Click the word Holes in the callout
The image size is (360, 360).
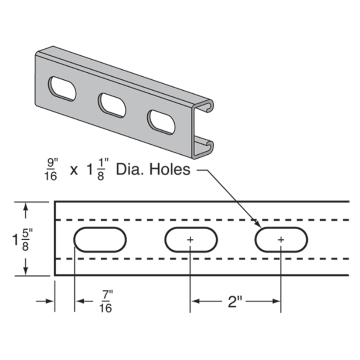pyautogui.click(x=170, y=170)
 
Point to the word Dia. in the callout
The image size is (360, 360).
pyautogui.click(x=130, y=170)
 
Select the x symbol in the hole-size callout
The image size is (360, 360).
pyautogui.click(x=74, y=170)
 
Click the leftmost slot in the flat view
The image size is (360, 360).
pyautogui.click(x=100, y=240)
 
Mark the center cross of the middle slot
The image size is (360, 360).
pyautogui.click(x=190, y=240)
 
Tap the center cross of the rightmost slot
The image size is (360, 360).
pyautogui.click(x=281, y=240)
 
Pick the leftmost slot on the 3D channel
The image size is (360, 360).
pyautogui.click(x=62, y=88)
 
